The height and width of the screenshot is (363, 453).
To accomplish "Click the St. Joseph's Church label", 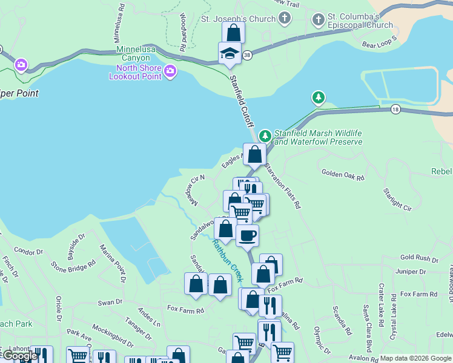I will (x=238, y=19).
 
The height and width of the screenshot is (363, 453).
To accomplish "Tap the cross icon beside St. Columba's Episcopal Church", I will (x=318, y=19).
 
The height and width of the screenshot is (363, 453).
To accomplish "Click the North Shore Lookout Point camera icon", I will (x=170, y=72).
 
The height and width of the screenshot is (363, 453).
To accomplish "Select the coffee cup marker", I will (x=247, y=235).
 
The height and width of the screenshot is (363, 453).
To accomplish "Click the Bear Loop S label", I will (x=379, y=42).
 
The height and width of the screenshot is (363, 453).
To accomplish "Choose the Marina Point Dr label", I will (x=112, y=263).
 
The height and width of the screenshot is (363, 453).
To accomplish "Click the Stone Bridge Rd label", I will (x=74, y=264).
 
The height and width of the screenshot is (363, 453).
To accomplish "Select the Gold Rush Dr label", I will (x=419, y=258).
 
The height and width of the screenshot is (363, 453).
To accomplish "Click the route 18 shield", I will (x=395, y=109).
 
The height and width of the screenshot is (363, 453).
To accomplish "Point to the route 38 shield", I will (x=246, y=55).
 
